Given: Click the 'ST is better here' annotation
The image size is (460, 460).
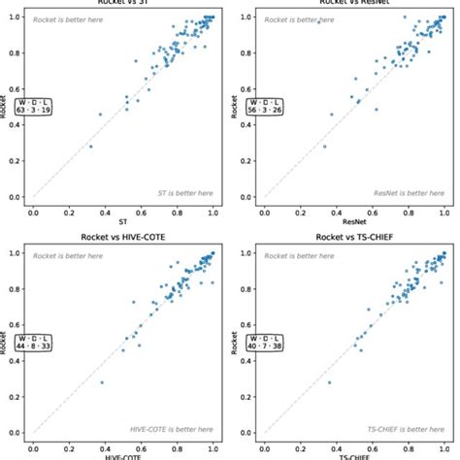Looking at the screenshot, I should click(183, 193).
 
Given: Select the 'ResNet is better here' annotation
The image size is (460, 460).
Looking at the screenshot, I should click(408, 193).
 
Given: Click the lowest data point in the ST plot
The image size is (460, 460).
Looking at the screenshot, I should click(91, 147).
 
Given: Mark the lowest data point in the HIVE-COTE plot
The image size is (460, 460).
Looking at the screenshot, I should click(101, 382).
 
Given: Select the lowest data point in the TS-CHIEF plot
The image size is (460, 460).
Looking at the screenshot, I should click(329, 382).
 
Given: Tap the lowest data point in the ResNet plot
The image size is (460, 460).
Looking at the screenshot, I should click(324, 147).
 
